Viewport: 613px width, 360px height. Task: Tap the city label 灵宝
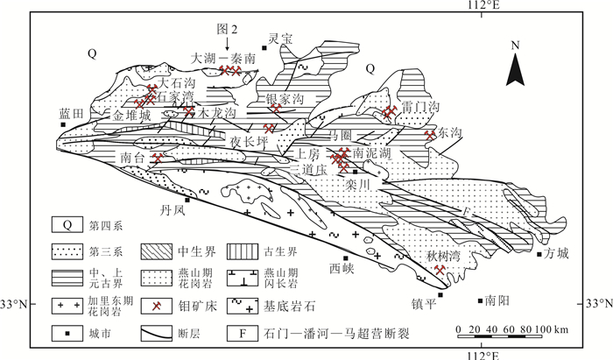tap(279, 39)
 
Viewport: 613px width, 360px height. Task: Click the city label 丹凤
tap(173, 210)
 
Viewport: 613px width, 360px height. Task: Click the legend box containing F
tap(238, 333)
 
